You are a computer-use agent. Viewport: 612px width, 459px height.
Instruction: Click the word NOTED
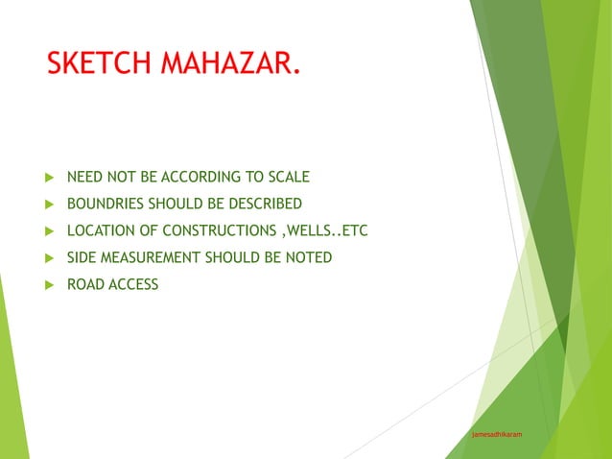[309, 257]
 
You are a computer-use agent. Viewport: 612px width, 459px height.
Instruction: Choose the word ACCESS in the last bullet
[134, 284]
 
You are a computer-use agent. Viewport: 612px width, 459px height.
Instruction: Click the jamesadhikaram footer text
[498, 435]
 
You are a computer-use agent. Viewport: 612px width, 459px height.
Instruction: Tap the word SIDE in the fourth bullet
[82, 257]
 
